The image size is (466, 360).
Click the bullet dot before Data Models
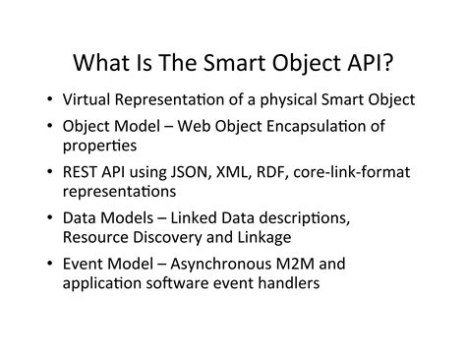pos(48,218)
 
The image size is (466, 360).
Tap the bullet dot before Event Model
pos(48,264)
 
